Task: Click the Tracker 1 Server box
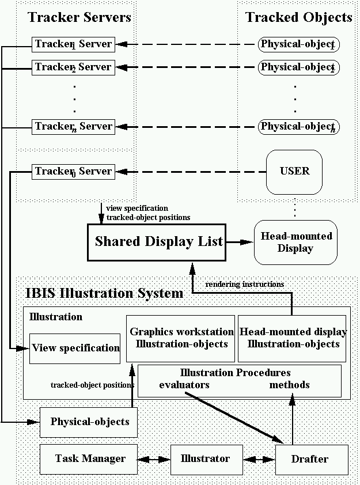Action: click(x=73, y=44)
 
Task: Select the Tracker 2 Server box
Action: click(x=73, y=67)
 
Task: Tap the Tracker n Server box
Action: click(x=73, y=126)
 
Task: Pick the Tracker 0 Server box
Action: click(x=73, y=171)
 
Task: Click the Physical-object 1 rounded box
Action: click(x=298, y=44)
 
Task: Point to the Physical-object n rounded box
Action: click(x=298, y=126)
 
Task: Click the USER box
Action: click(x=294, y=171)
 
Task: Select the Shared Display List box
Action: click(x=158, y=242)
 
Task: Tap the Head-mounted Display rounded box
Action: click(x=295, y=242)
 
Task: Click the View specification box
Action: click(x=75, y=348)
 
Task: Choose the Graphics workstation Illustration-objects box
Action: click(x=181, y=338)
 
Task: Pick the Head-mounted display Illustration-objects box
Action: click(x=293, y=338)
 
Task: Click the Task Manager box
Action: click(x=90, y=459)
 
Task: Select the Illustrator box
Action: click(x=204, y=459)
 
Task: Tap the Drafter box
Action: click(x=312, y=460)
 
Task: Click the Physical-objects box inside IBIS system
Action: click(x=90, y=422)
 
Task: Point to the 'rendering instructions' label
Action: click(x=244, y=284)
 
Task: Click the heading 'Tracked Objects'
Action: click(x=299, y=17)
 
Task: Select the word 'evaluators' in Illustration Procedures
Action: click(x=184, y=385)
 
